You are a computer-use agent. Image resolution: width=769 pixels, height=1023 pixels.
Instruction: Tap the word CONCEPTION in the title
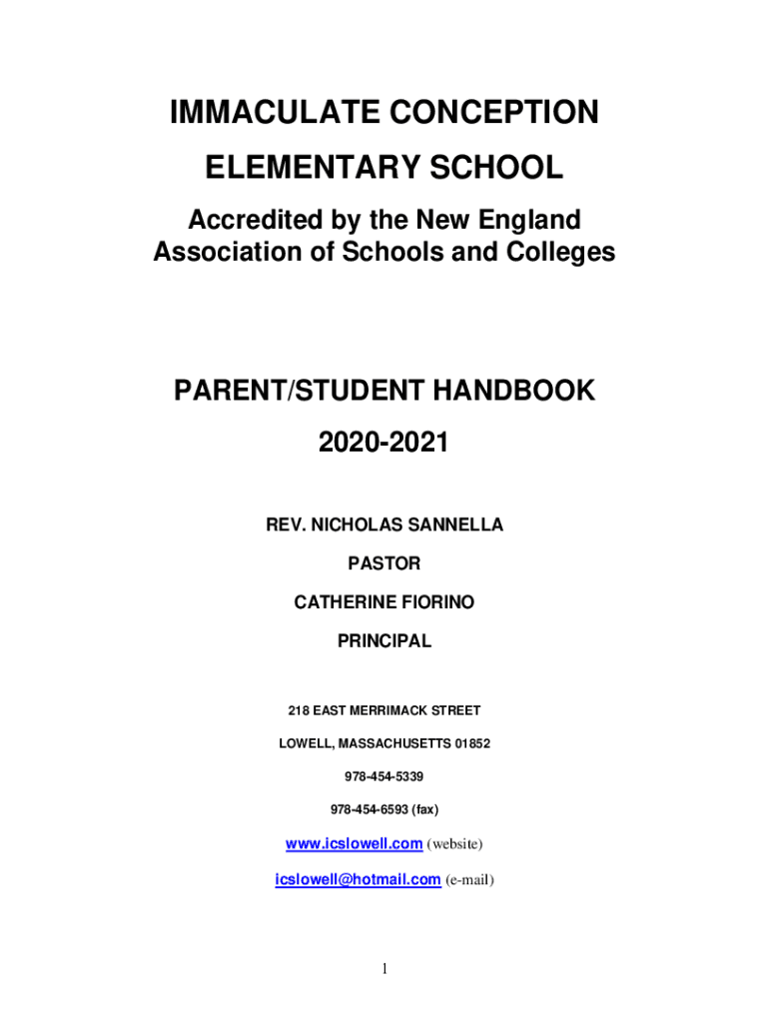pos(486,114)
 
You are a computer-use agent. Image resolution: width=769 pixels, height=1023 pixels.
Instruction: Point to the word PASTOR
pos(384,563)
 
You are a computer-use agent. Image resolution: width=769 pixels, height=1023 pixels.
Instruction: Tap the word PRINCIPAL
pos(384,641)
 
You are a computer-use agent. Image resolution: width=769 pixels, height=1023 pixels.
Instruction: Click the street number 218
pos(298,710)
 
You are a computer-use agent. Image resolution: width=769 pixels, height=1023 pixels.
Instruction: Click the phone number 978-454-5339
pos(384,776)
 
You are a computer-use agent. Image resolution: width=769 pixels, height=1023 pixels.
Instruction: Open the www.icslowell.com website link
pos(354,844)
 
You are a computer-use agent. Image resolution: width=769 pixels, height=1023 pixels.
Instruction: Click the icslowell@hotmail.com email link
pos(358,879)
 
